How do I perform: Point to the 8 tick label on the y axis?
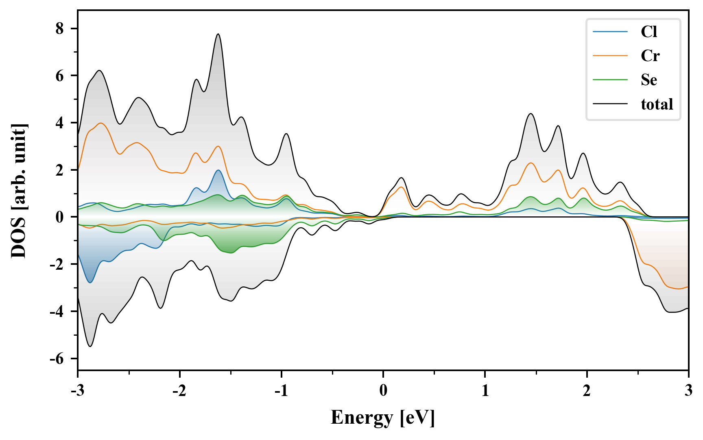(x=60, y=29)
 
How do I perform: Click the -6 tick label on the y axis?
(x=57, y=359)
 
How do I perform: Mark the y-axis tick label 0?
(x=60, y=217)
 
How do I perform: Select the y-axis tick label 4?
(x=60, y=123)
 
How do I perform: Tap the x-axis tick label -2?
(x=179, y=391)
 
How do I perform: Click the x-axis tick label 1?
(x=485, y=391)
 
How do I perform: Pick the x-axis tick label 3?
(x=688, y=391)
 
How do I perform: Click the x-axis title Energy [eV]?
(x=383, y=418)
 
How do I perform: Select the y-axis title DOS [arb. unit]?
(x=19, y=191)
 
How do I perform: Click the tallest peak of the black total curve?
(x=218, y=34)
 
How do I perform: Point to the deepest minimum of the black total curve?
(x=90, y=346)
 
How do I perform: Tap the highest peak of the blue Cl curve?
(x=218, y=170)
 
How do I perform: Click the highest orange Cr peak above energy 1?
(x=531, y=163)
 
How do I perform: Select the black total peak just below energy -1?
(x=286, y=134)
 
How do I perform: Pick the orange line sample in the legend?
(x=610, y=56)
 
